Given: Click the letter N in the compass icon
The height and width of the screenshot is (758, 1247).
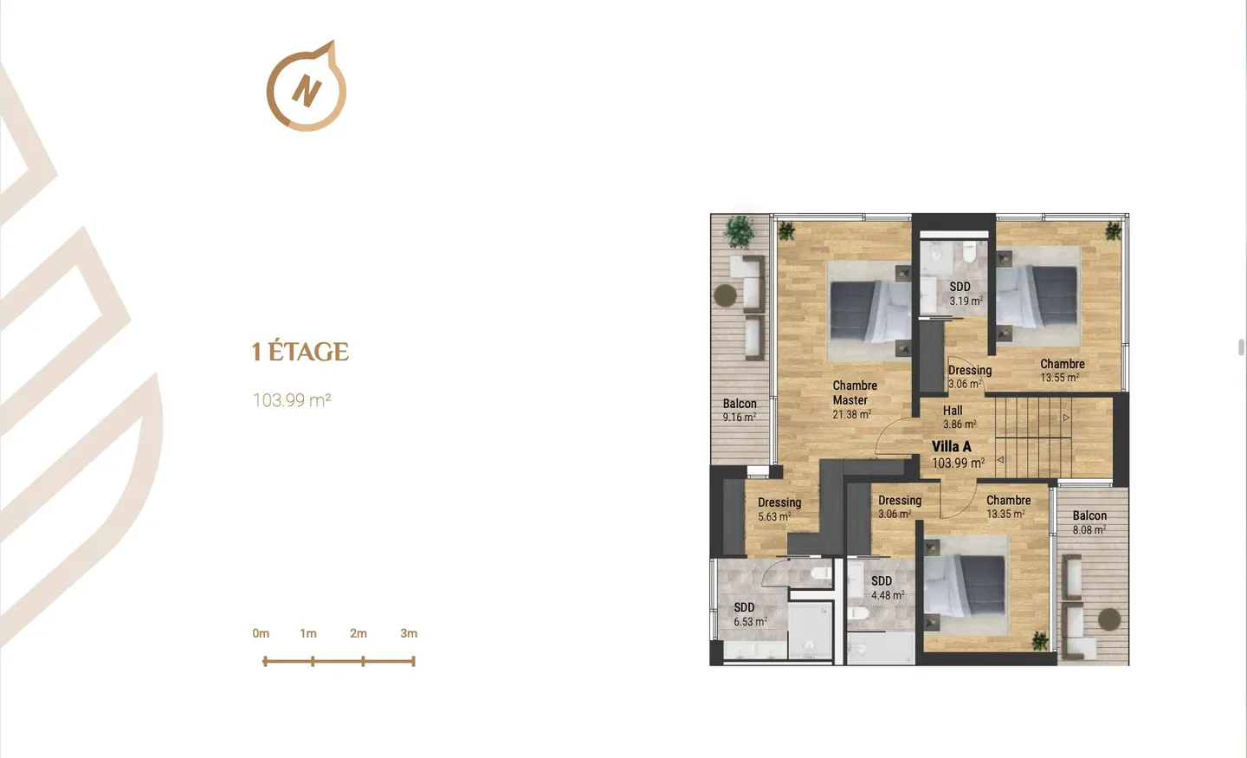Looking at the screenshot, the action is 307,90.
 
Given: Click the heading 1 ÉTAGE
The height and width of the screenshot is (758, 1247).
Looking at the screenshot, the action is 300,352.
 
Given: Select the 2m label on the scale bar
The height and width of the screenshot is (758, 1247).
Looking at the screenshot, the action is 358,633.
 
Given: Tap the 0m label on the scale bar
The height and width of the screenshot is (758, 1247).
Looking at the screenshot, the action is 261,633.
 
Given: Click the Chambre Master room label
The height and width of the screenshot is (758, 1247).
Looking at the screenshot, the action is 855,392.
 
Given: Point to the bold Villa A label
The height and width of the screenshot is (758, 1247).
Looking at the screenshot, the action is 952,447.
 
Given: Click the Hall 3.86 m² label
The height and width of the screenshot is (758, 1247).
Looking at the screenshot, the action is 959,418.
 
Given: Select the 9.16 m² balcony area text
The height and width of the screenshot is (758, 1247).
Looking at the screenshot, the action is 740,418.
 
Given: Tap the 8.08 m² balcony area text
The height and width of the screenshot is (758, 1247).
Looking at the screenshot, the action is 1089,529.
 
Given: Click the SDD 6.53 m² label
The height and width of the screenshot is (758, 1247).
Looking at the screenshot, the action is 750,614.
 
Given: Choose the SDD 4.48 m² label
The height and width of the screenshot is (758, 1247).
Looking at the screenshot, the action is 888,588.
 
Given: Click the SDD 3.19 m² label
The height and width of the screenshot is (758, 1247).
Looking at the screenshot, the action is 966,294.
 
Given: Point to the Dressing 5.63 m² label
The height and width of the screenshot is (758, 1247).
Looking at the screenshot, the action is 779,509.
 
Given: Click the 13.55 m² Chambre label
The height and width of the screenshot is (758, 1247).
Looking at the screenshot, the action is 1063,371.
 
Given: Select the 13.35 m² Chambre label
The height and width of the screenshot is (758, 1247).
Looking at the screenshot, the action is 1008,507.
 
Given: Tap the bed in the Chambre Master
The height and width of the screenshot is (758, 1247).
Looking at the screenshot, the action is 870,311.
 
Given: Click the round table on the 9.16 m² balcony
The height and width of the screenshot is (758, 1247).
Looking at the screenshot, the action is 725,295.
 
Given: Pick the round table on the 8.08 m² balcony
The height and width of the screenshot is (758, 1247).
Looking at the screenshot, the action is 1109,619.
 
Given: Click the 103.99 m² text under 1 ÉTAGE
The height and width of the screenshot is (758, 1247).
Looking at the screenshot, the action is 292,400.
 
